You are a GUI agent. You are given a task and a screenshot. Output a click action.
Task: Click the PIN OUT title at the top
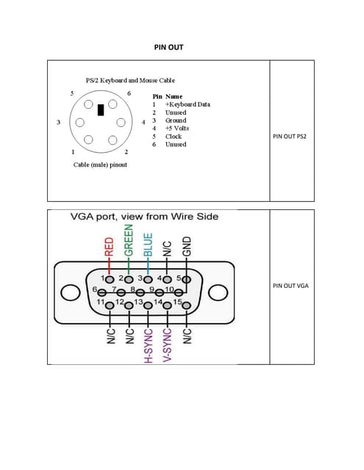click(x=168, y=47)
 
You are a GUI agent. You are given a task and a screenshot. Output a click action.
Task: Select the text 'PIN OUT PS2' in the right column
click(x=294, y=136)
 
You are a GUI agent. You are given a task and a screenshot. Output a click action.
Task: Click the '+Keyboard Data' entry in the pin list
click(x=188, y=104)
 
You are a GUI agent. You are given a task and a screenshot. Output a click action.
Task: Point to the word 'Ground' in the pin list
click(x=176, y=120)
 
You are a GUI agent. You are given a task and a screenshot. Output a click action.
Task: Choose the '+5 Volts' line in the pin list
click(x=176, y=129)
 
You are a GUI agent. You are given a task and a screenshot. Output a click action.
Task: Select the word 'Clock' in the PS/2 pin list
click(x=174, y=137)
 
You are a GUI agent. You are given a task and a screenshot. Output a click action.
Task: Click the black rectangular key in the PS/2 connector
click(x=101, y=109)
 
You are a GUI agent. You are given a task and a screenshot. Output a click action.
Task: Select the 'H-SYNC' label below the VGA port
click(x=148, y=344)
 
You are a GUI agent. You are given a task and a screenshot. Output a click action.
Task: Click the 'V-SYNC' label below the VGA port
click(x=167, y=344)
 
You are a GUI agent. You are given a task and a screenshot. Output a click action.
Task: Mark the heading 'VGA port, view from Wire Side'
click(x=144, y=217)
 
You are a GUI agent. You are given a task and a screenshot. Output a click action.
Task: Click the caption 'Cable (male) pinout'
click(x=100, y=164)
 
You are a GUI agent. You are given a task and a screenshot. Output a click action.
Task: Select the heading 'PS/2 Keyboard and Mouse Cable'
click(x=130, y=79)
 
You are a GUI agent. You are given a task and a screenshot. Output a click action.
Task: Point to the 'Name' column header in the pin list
click(x=174, y=96)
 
